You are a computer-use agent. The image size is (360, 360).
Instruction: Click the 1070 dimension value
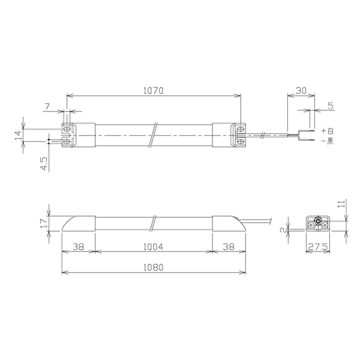click(x=154, y=91)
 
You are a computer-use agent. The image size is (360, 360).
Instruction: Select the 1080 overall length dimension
click(x=154, y=267)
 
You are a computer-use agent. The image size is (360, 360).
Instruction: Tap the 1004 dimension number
click(x=154, y=247)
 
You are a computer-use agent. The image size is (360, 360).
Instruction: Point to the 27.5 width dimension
click(x=318, y=247)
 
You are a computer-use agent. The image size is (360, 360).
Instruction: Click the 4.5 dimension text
click(x=44, y=163)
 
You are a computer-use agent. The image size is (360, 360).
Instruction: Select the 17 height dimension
click(x=44, y=223)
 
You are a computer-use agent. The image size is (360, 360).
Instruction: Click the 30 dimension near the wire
click(x=301, y=91)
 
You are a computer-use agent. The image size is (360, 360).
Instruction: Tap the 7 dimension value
click(x=47, y=107)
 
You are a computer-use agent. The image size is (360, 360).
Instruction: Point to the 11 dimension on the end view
click(x=342, y=203)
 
